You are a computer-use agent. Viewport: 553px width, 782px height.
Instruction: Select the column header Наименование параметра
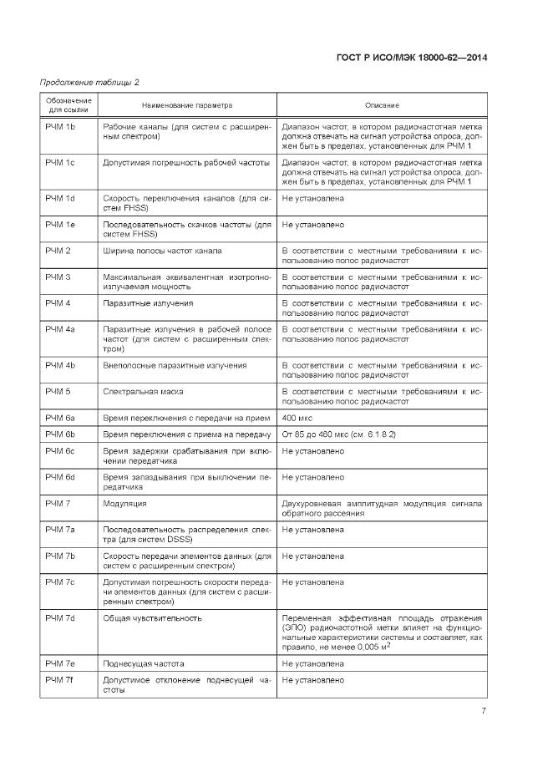click(x=187, y=105)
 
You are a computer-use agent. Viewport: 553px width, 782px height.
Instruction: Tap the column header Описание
click(x=383, y=105)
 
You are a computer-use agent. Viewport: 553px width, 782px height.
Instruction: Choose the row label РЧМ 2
click(x=57, y=251)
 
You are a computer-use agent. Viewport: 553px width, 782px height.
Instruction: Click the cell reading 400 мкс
click(x=298, y=417)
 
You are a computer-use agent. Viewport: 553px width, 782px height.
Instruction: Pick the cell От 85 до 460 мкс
click(x=338, y=434)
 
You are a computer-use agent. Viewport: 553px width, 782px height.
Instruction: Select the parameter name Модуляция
click(x=124, y=504)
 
